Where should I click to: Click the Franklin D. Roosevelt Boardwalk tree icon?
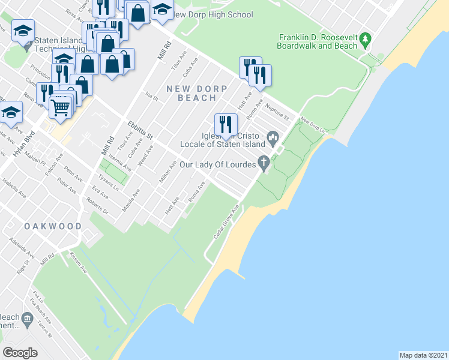tap(366, 41)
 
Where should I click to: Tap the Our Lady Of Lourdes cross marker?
tap(264, 162)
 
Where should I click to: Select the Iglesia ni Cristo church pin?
tap(274, 140)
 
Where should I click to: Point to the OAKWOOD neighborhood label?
tap(53, 226)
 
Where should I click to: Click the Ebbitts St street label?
tap(140, 130)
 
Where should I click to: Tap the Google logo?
tap(20, 352)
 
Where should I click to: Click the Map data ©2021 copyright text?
tap(423, 355)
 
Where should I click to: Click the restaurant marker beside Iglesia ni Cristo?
tap(226, 124)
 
